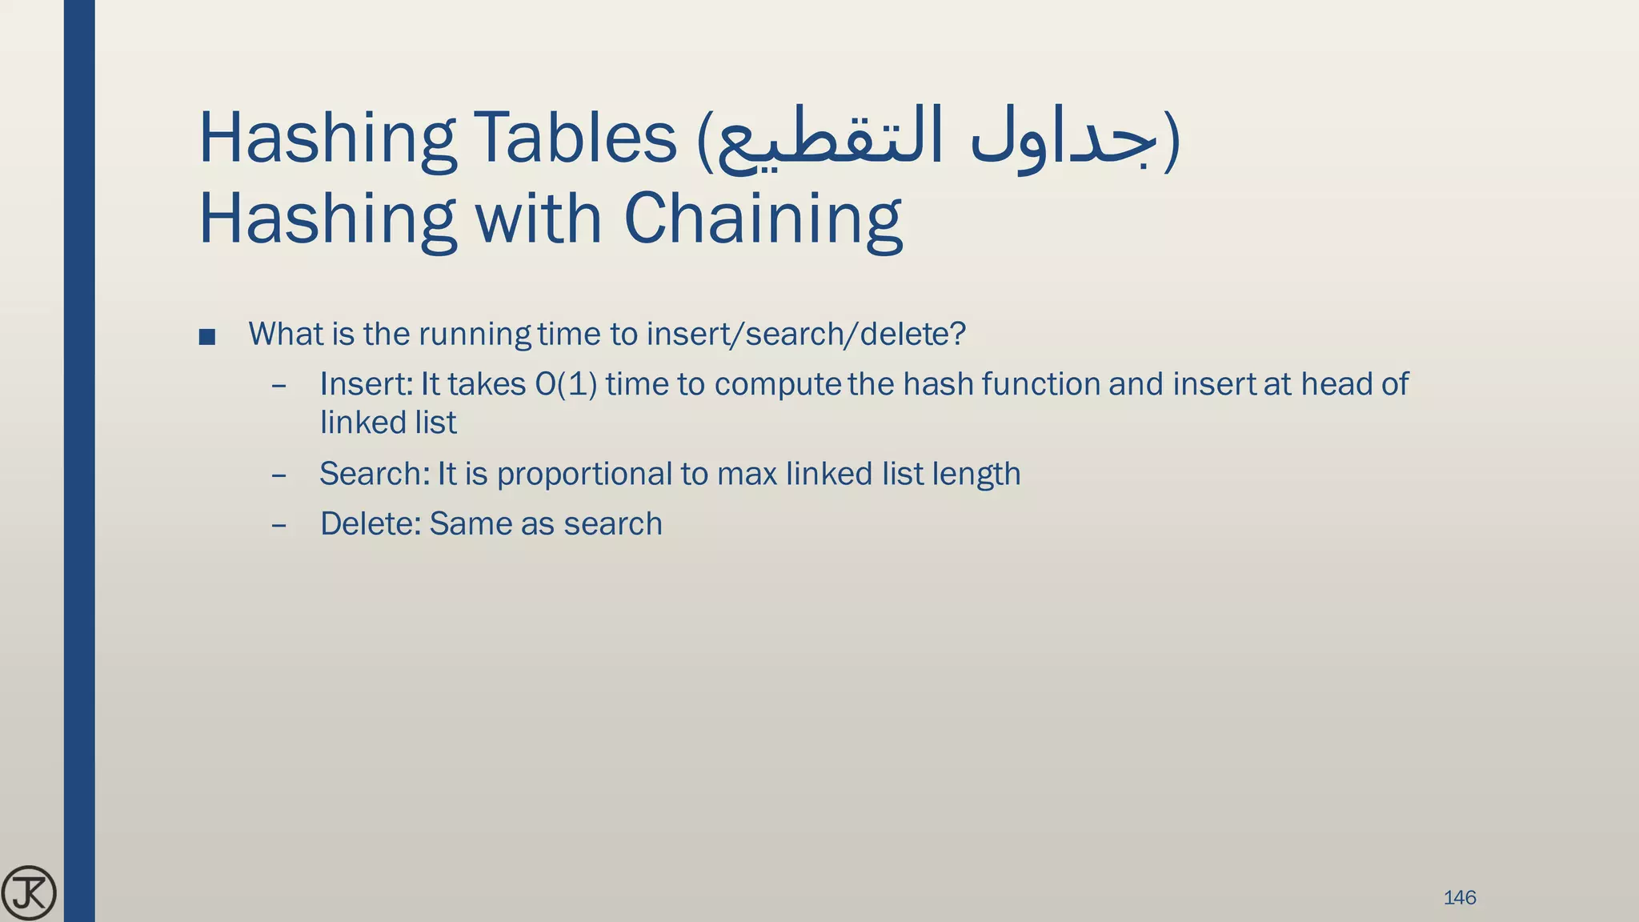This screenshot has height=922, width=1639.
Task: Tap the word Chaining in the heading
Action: click(x=763, y=219)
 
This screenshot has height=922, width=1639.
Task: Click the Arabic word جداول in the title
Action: click(x=1063, y=138)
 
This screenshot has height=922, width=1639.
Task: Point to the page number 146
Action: click(x=1459, y=897)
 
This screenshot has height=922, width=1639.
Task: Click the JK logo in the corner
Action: click(x=29, y=893)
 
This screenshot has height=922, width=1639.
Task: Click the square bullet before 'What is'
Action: click(x=207, y=336)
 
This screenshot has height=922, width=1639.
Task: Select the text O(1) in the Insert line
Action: click(x=566, y=384)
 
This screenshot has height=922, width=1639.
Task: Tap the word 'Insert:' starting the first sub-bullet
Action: click(x=366, y=384)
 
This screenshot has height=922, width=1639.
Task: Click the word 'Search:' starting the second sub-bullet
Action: click(x=375, y=474)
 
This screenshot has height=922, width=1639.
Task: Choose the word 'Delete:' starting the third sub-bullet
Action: click(x=371, y=524)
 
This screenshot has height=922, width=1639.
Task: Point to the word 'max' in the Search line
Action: click(x=747, y=474)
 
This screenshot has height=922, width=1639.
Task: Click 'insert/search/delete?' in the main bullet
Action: click(x=806, y=334)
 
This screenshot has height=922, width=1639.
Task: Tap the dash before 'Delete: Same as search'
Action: click(x=279, y=525)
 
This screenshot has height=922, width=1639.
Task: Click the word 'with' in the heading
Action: click(x=539, y=219)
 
